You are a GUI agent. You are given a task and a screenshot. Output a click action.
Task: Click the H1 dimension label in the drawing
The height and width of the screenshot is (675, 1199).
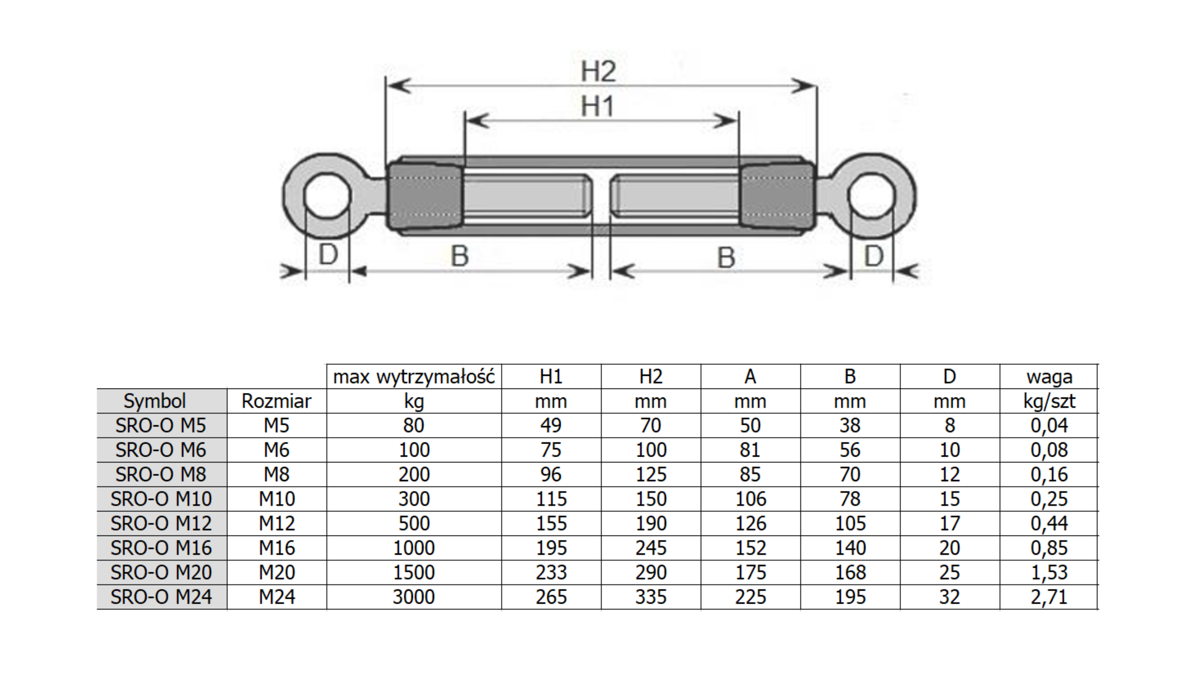coord(597,106)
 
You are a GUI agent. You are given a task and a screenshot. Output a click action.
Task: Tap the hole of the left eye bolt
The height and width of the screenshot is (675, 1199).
coord(327,196)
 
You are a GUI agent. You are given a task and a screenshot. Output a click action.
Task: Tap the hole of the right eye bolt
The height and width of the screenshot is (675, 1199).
coord(871,196)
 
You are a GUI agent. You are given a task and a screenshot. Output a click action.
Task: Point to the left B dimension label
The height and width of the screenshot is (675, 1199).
coord(459,256)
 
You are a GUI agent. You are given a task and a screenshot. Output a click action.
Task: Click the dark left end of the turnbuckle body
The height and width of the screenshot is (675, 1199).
coord(425,196)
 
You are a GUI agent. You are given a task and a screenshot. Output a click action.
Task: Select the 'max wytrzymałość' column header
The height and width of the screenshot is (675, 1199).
coord(414,376)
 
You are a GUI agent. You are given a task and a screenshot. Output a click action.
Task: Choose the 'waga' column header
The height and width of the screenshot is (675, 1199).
coord(1049,376)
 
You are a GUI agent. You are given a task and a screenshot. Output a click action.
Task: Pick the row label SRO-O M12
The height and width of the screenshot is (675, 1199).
coord(161,523)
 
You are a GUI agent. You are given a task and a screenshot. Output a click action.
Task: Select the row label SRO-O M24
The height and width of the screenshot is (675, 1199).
coord(161,597)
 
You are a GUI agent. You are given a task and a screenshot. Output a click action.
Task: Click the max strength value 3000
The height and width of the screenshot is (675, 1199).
coord(414,597)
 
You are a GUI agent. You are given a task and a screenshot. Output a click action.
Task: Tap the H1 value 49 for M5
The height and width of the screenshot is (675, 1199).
coord(551,425)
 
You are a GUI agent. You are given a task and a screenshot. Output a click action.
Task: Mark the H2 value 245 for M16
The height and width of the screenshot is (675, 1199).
coord(651,548)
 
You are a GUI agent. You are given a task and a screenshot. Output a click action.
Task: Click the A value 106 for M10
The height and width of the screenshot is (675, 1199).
coord(750,499)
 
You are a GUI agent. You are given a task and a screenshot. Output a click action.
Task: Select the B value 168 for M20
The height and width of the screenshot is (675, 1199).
coord(850,573)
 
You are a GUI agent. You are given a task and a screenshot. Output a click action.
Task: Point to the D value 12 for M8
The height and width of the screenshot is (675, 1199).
coord(949,474)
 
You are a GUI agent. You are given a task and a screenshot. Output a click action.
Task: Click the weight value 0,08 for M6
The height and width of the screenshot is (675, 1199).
coord(1049,450)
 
